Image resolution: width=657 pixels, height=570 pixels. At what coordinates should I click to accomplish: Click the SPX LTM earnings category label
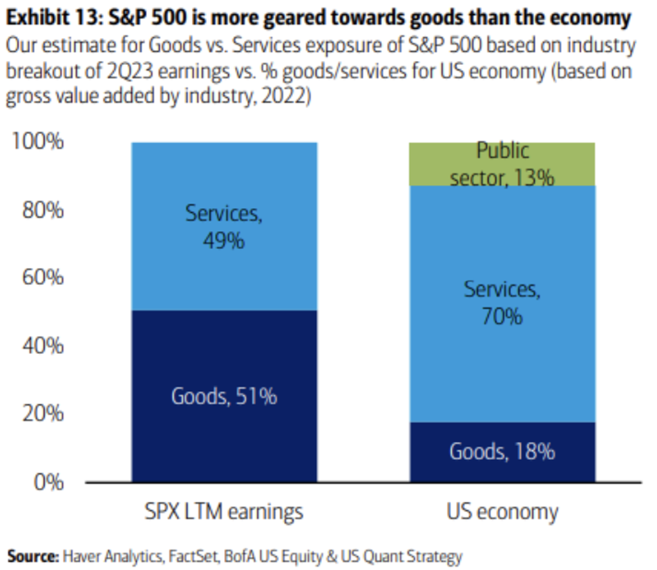[x=224, y=512]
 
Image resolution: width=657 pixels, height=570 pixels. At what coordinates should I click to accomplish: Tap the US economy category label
[x=502, y=512]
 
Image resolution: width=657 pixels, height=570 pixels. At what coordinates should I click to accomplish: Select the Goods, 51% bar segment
[x=224, y=396]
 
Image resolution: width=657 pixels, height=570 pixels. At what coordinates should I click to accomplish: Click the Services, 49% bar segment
[x=224, y=226]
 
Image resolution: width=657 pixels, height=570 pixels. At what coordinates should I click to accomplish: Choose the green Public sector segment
[x=502, y=164]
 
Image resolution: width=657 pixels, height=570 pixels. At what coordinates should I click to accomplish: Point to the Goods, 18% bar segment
[x=502, y=452]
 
